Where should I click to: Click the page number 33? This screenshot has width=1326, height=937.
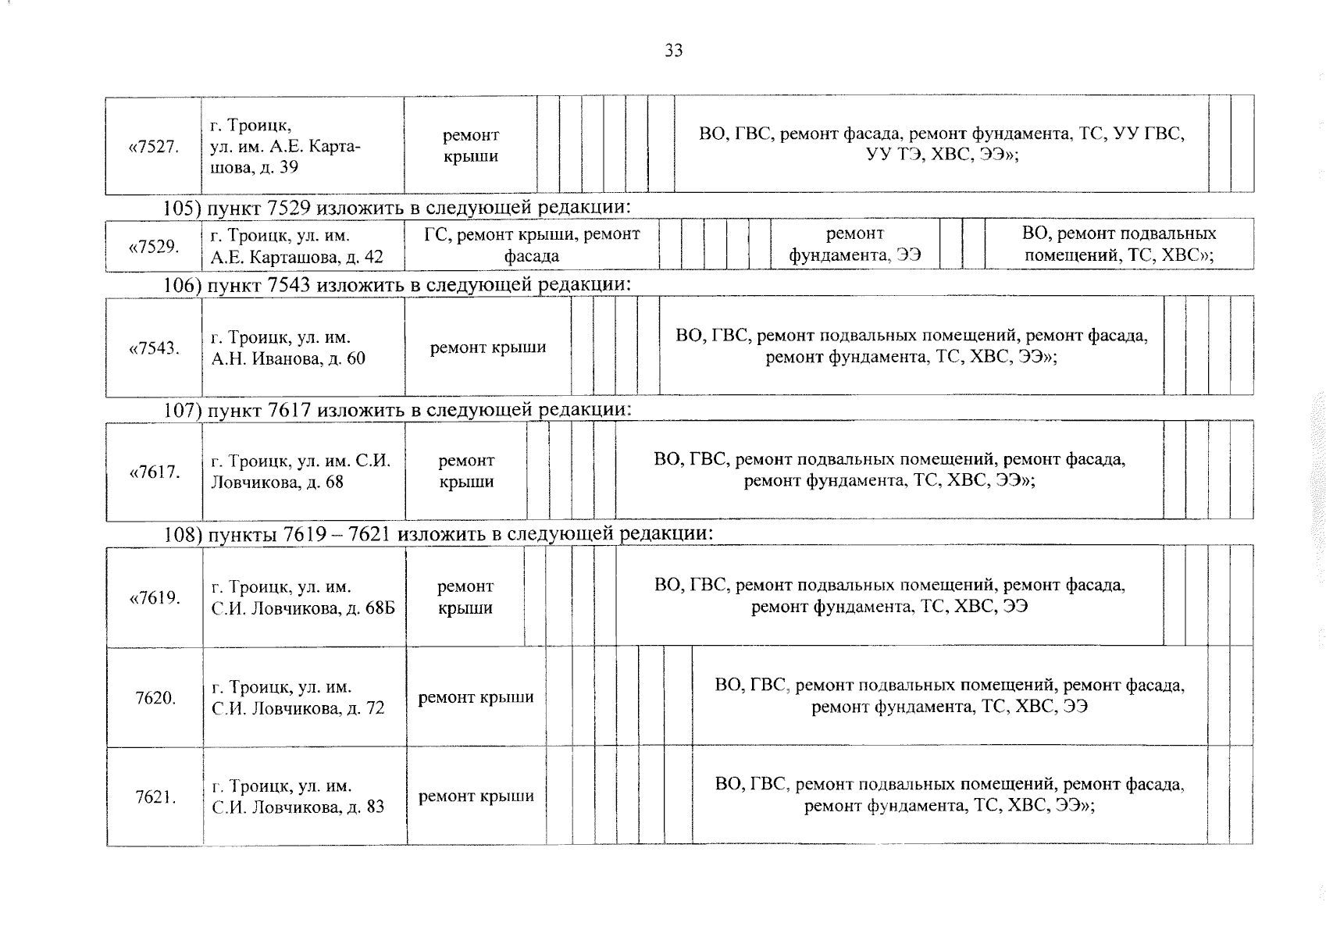pos(673,51)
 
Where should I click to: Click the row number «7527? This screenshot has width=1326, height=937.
pos(153,146)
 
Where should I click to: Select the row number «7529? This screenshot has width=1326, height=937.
pos(153,247)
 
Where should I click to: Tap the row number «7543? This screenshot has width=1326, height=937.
pos(153,348)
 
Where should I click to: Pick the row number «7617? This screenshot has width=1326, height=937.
pos(154,472)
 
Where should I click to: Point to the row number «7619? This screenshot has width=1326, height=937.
pos(154,598)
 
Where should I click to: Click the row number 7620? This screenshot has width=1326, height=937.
pos(155,698)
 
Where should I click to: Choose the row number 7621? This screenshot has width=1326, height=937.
pos(155,797)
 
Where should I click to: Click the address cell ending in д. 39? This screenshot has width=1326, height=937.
pos(285,146)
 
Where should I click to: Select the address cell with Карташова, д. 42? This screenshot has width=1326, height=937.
pos(297,247)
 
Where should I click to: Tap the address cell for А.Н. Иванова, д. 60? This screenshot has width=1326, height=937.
pos(287,348)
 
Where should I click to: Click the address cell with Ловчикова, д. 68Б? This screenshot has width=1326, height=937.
pos(303,598)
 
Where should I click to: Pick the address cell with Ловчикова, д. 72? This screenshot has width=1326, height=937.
pos(298,698)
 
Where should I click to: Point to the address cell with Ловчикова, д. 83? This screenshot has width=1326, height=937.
pos(298,797)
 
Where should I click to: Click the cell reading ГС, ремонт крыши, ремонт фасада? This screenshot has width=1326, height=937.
pos(531,245)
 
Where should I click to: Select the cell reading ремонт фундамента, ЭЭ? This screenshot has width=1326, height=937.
pos(854,244)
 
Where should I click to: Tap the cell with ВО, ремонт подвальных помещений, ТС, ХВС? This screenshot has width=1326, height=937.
pos(1118,244)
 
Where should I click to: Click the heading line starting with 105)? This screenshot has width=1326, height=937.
pos(396,208)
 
